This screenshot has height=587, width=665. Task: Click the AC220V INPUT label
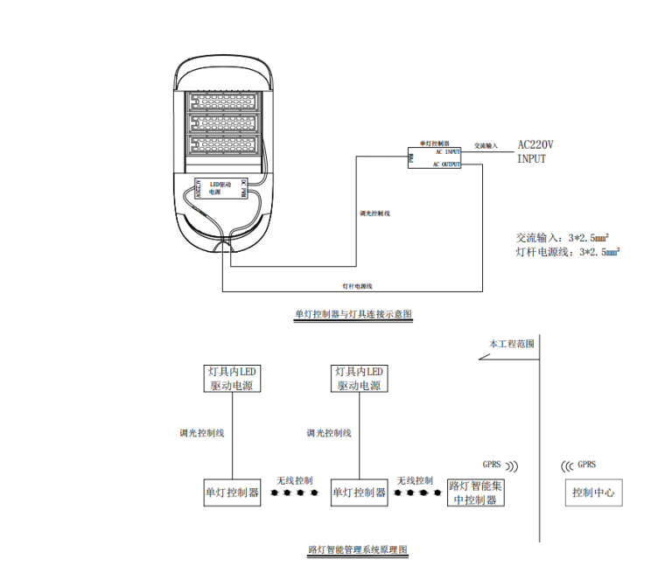pos(535,151)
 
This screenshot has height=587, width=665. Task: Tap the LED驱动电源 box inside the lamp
pos(222,188)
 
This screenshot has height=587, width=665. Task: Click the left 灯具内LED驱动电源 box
pos(232,379)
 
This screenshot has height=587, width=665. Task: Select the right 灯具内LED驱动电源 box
pos(359,379)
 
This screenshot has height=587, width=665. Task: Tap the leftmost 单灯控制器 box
pos(232,493)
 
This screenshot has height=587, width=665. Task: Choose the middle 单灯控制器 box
pos(359,493)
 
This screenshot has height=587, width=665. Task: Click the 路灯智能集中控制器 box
pos(476,493)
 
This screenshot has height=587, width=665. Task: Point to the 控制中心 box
pos(594,493)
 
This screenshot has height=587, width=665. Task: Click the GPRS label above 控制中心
pos(585,465)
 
